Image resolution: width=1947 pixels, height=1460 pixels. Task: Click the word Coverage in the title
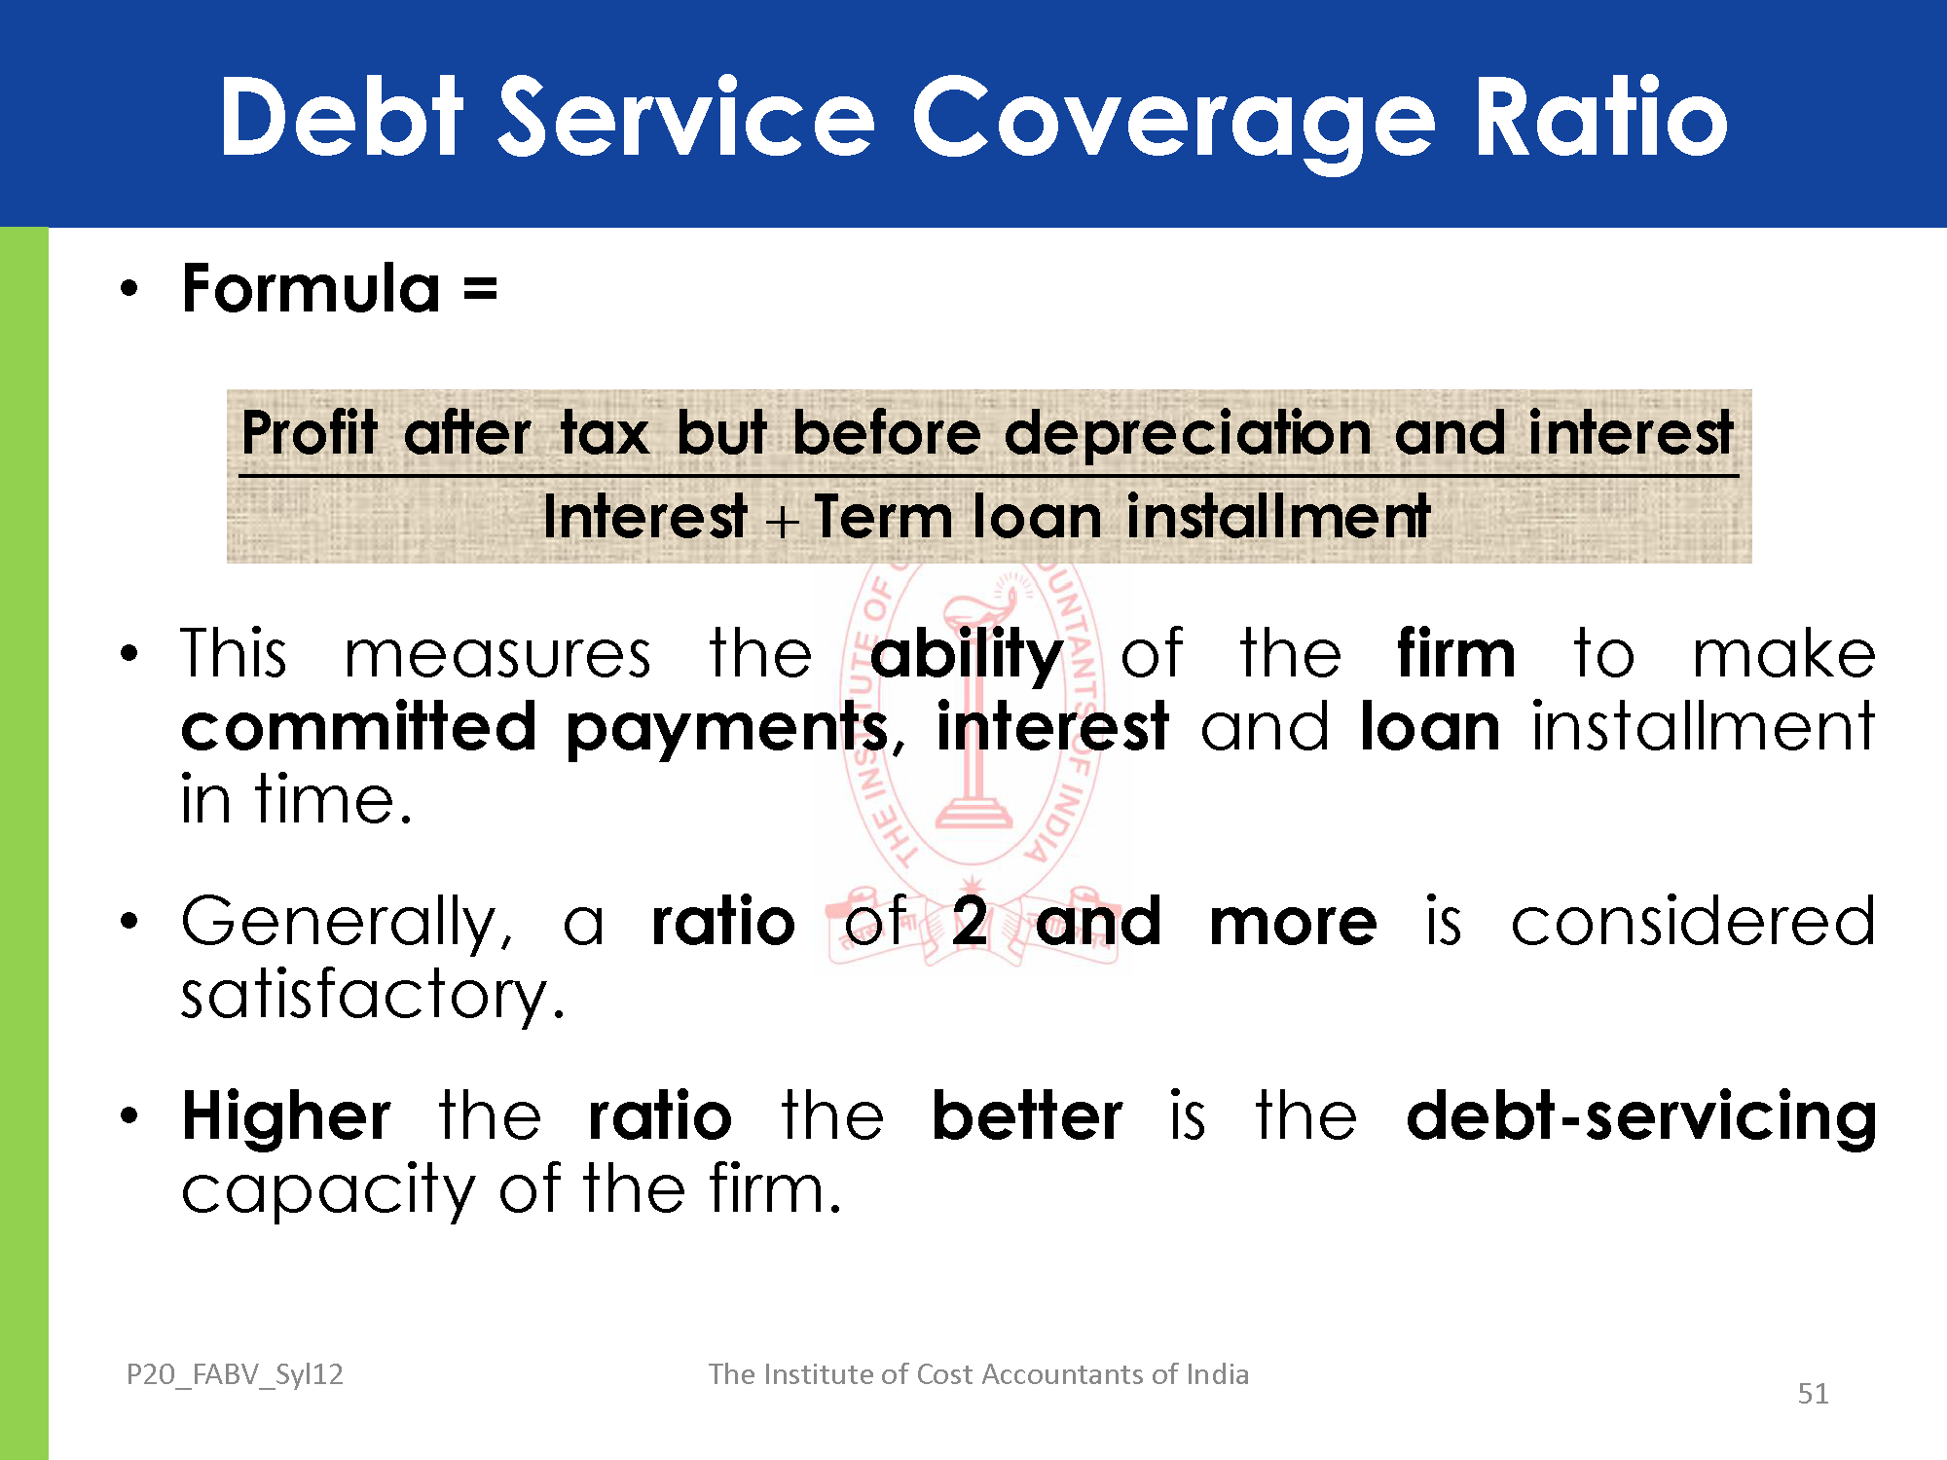pyautogui.click(x=1173, y=122)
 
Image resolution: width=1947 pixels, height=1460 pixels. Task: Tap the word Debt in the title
pyautogui.click(x=342, y=116)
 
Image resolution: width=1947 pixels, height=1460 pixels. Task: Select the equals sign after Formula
pyautogui.click(x=481, y=289)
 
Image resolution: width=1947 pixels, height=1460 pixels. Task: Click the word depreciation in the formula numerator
pyautogui.click(x=1188, y=434)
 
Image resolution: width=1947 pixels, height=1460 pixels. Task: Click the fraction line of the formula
pyautogui.click(x=988, y=476)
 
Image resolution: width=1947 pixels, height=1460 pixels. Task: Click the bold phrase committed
pyautogui.click(x=359, y=726)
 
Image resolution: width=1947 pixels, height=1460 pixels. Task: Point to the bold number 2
pyautogui.click(x=970, y=921)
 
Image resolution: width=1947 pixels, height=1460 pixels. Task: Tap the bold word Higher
pyautogui.click(x=286, y=1117)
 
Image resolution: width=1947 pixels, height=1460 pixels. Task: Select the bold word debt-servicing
pyautogui.click(x=1641, y=1117)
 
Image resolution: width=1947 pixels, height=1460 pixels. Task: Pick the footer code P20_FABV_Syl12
pyautogui.click(x=235, y=1374)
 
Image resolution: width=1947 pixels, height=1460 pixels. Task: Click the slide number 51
pyautogui.click(x=1813, y=1394)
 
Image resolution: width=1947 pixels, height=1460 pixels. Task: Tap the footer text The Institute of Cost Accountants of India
pyautogui.click(x=978, y=1373)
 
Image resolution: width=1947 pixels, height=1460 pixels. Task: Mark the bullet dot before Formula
pyautogui.click(x=129, y=288)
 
